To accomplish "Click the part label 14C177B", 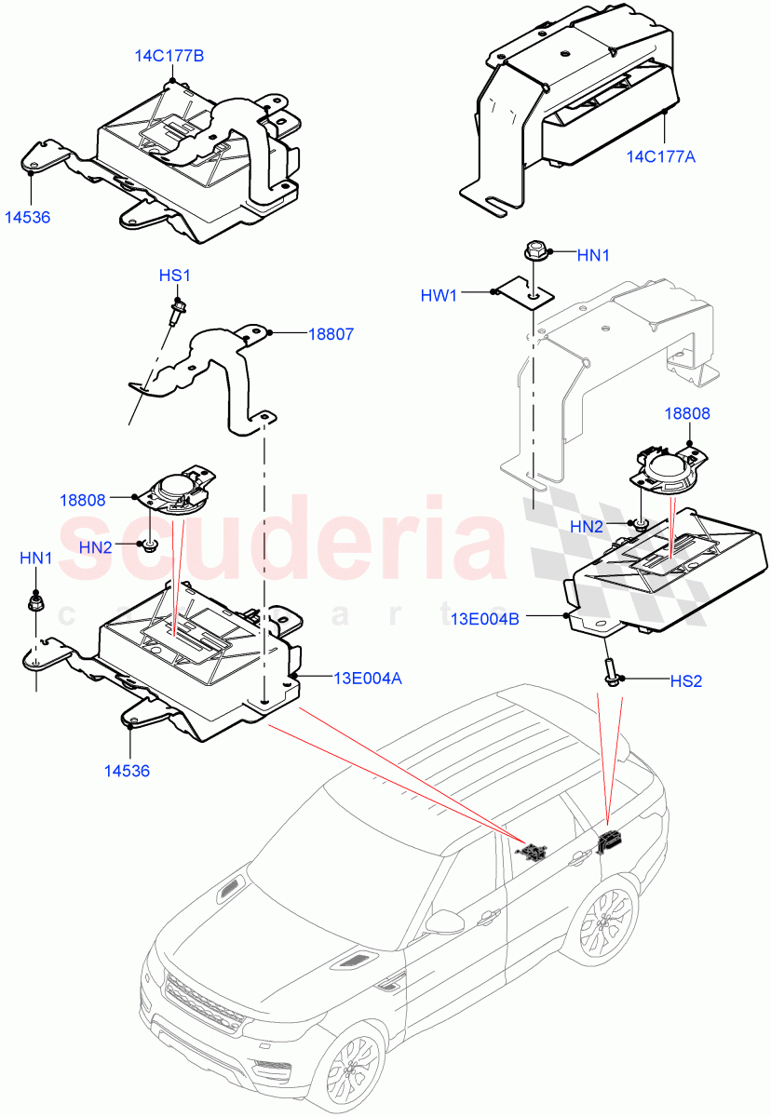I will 169,56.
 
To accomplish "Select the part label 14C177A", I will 660,157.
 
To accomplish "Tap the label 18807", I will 331,332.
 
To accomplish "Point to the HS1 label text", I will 174,276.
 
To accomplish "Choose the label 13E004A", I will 367,679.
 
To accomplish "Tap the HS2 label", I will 685,681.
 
